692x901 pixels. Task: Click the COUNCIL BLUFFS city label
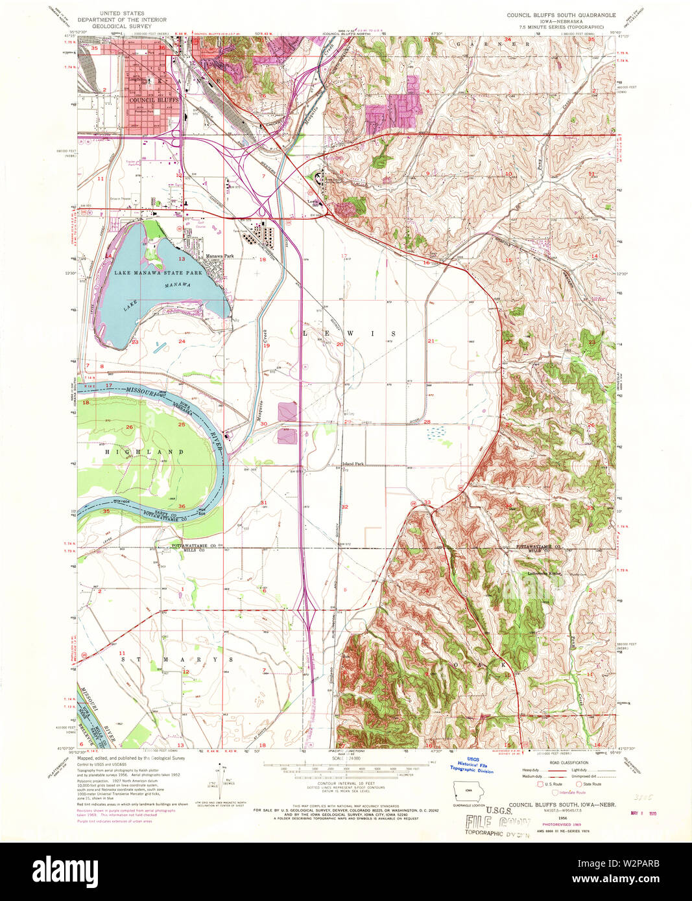click(153, 100)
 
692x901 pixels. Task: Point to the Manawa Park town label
click(220, 256)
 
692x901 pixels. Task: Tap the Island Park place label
click(354, 464)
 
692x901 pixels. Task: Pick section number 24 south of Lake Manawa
click(182, 341)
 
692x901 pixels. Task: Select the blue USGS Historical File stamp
click(475, 766)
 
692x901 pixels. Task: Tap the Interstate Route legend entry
click(571, 792)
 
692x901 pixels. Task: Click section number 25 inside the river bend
click(182, 425)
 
